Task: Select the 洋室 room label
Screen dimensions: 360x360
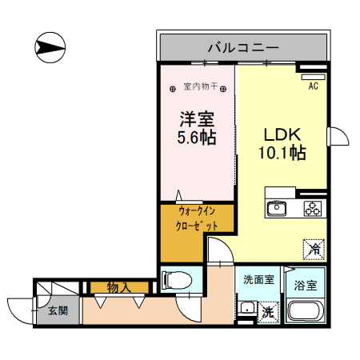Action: point(196,118)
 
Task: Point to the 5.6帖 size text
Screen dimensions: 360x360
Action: point(196,138)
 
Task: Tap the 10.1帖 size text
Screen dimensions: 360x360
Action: point(282,152)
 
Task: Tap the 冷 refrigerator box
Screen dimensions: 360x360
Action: point(314,250)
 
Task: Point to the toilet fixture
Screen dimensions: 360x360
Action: point(176,280)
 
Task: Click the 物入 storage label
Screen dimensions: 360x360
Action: point(118,286)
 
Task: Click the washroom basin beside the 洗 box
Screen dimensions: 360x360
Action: point(246,310)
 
